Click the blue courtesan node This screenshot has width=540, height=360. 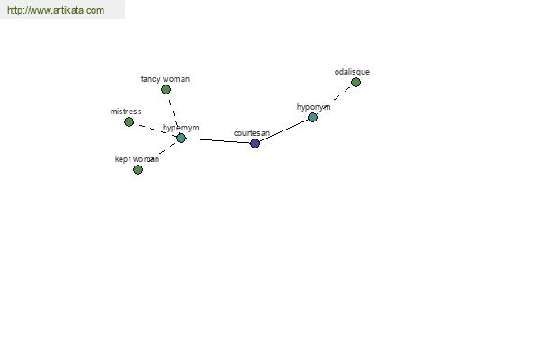(255, 143)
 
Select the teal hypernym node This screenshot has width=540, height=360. (181, 138)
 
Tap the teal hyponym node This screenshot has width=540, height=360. (312, 118)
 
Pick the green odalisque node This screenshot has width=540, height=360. (355, 82)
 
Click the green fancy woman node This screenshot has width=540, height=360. (166, 90)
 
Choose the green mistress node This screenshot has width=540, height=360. (129, 122)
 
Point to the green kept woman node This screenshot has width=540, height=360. (138, 169)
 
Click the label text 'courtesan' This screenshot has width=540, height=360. (252, 133)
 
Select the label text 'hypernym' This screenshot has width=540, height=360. (181, 128)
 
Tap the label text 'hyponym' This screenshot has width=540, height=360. (313, 107)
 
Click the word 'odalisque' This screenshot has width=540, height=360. (352, 72)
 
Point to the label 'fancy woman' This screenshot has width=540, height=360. (166, 79)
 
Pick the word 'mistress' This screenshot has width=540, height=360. (126, 112)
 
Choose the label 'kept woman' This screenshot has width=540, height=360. (137, 159)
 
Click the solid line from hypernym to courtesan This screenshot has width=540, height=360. (218, 140)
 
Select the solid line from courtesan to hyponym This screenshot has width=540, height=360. (283, 130)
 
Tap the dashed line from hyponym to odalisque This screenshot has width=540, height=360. (342, 94)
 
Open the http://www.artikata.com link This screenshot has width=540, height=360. (56, 10)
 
